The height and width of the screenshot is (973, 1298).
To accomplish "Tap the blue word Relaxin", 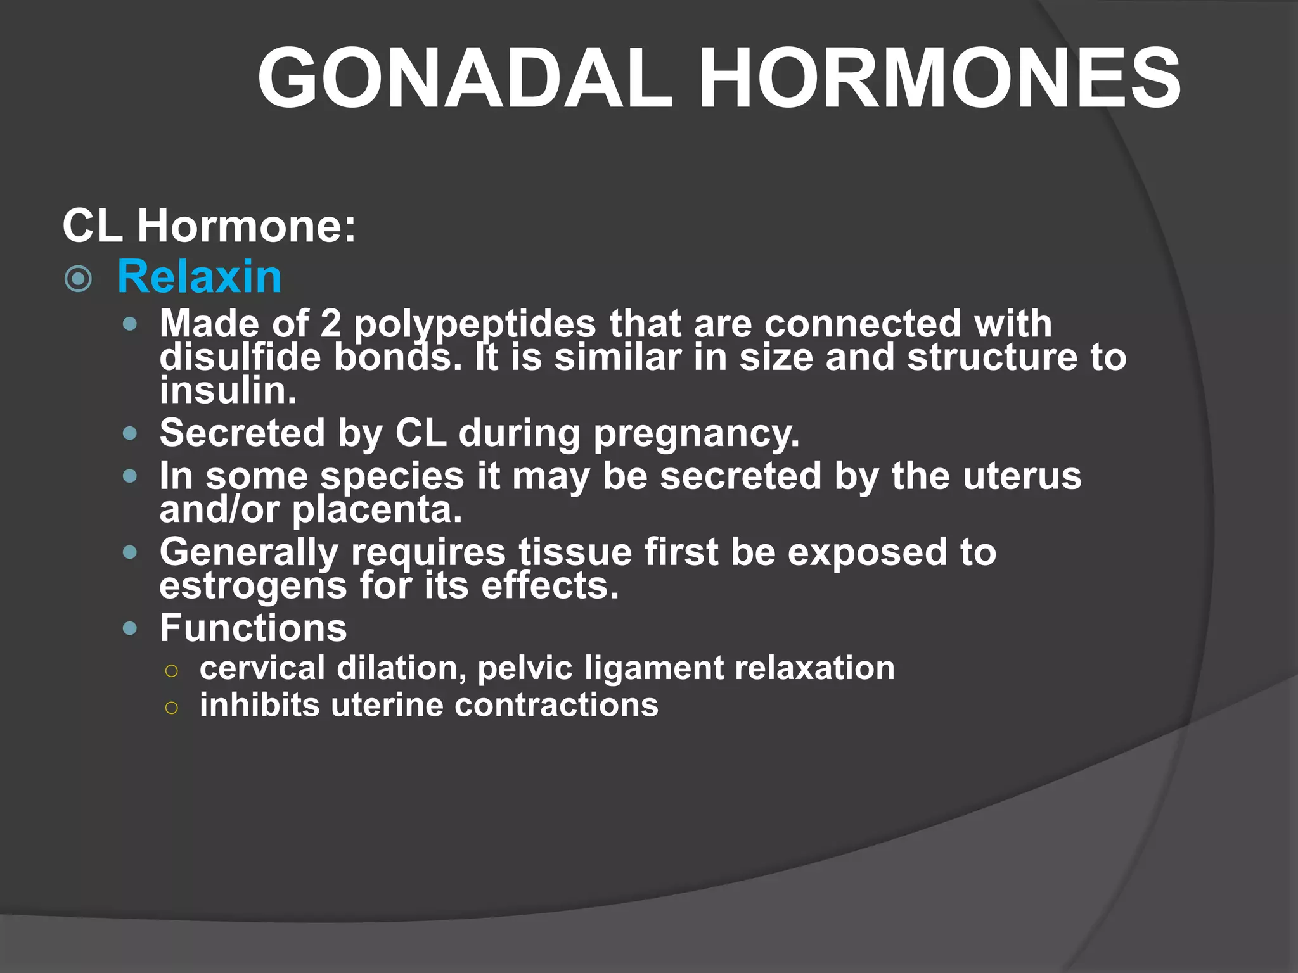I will (x=199, y=277).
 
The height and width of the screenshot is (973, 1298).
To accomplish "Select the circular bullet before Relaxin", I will (x=79, y=279).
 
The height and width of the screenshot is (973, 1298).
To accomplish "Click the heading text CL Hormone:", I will (x=209, y=226).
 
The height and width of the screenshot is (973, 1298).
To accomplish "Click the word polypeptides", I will (x=475, y=324).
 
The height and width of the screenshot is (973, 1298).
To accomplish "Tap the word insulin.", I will (x=227, y=391).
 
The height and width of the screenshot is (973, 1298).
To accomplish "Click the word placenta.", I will (x=376, y=510).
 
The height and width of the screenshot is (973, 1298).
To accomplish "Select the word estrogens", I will (x=253, y=586).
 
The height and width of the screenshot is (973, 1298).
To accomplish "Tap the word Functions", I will (x=253, y=628).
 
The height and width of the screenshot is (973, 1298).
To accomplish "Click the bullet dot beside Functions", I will (x=130, y=628).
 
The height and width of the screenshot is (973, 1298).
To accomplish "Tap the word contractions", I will (x=556, y=705).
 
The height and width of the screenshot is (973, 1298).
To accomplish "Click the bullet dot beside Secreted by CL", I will (x=130, y=434).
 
